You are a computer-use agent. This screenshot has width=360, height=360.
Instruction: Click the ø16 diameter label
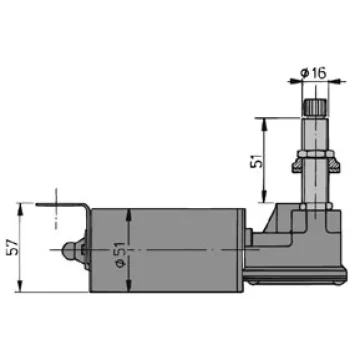click(313, 73)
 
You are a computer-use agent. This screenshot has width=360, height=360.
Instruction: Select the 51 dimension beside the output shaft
click(256, 160)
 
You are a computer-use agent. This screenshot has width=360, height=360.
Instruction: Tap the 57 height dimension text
click(11, 247)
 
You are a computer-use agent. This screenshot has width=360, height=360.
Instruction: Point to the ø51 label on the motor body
click(120, 254)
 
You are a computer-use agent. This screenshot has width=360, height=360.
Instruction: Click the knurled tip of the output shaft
click(315, 107)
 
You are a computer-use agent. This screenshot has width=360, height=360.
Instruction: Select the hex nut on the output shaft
click(315, 154)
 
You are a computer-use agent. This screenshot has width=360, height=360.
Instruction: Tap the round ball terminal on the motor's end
click(69, 250)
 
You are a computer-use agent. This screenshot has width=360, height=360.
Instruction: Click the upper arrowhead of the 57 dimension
click(20, 208)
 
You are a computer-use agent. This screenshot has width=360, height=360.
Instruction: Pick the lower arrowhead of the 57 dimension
click(20, 287)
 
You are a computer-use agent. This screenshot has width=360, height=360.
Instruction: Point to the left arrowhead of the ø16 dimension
click(296, 81)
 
